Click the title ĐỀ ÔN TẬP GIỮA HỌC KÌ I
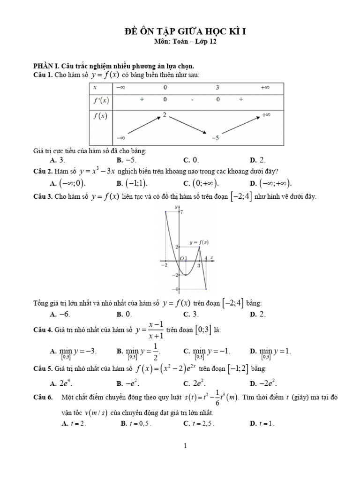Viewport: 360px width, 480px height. (x=186, y=31)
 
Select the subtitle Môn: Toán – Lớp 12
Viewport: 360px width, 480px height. (x=186, y=41)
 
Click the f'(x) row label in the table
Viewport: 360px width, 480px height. (x=101, y=100)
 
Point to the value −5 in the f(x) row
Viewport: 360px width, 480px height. (x=216, y=138)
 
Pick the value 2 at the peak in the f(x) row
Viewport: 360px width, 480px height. (x=165, y=114)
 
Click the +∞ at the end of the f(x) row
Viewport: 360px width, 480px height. (x=266, y=114)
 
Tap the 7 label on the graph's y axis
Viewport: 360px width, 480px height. (x=182, y=212)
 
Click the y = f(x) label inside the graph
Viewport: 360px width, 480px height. (x=199, y=242)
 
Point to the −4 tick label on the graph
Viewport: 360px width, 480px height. (x=176, y=289)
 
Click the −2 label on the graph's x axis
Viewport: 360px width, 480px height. (x=164, y=265)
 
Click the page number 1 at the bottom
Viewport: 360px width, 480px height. (x=186, y=446)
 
